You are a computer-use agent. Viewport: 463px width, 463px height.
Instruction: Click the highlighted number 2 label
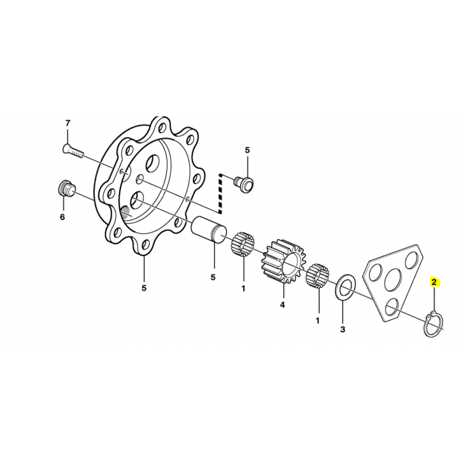(x=433, y=282)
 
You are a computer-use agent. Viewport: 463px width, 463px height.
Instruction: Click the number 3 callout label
(x=343, y=329)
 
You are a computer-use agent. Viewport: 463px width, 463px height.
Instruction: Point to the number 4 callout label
(x=282, y=305)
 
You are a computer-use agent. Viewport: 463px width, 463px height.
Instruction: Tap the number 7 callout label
(x=68, y=123)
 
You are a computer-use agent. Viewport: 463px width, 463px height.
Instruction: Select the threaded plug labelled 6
(x=66, y=188)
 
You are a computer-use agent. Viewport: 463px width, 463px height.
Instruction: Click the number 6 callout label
(x=62, y=218)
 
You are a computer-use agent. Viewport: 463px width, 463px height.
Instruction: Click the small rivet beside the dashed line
(x=244, y=183)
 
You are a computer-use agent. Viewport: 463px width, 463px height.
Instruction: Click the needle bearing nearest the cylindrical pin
(x=242, y=244)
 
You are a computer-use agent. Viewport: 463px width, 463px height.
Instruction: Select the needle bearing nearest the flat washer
(x=317, y=276)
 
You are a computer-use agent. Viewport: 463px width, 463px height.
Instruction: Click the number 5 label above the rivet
(x=247, y=150)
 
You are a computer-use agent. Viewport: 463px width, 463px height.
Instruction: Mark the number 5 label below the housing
(x=144, y=288)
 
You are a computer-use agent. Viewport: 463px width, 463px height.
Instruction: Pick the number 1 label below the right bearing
(x=318, y=321)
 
